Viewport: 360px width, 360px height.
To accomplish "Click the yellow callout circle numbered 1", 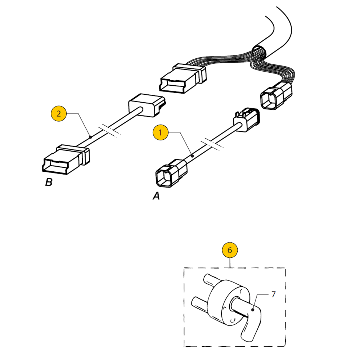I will tap(160, 132).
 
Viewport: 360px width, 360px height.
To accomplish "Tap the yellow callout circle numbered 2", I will tap(59, 114).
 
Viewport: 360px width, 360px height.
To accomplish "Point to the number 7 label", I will tap(273, 294).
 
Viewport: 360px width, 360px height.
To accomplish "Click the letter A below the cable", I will tap(156, 196).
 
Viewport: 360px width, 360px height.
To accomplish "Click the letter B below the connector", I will tap(49, 183).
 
